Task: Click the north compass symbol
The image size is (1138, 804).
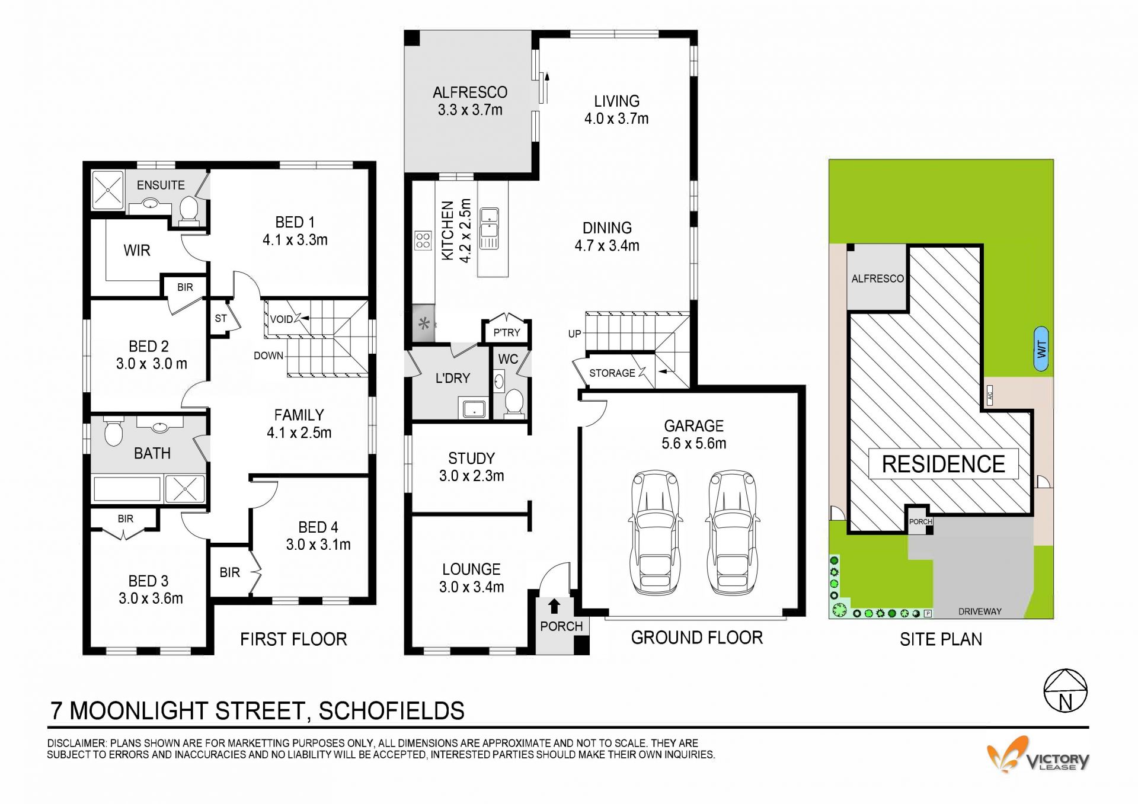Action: click(x=1066, y=690)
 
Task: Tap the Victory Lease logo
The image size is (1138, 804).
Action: click(x=1038, y=754)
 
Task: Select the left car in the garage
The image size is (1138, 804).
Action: click(x=654, y=533)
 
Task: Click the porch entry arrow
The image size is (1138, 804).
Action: click(x=554, y=606)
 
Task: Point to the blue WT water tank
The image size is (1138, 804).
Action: click(x=1041, y=349)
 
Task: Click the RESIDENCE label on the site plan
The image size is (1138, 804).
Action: click(x=943, y=464)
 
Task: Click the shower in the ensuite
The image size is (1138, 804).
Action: click(x=107, y=190)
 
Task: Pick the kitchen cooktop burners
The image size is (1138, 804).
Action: click(x=423, y=240)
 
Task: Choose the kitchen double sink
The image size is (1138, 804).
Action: click(x=489, y=228)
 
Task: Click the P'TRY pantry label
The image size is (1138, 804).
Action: click(x=506, y=333)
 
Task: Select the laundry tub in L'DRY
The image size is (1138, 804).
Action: click(x=473, y=409)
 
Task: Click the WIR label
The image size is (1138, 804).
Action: click(x=137, y=251)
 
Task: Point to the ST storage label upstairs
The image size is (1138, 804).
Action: click(x=220, y=318)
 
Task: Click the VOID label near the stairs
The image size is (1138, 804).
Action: click(x=281, y=319)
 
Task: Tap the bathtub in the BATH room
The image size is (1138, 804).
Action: click(x=127, y=489)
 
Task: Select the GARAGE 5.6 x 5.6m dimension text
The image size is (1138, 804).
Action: click(x=694, y=434)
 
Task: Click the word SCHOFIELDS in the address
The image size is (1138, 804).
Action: click(x=392, y=711)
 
